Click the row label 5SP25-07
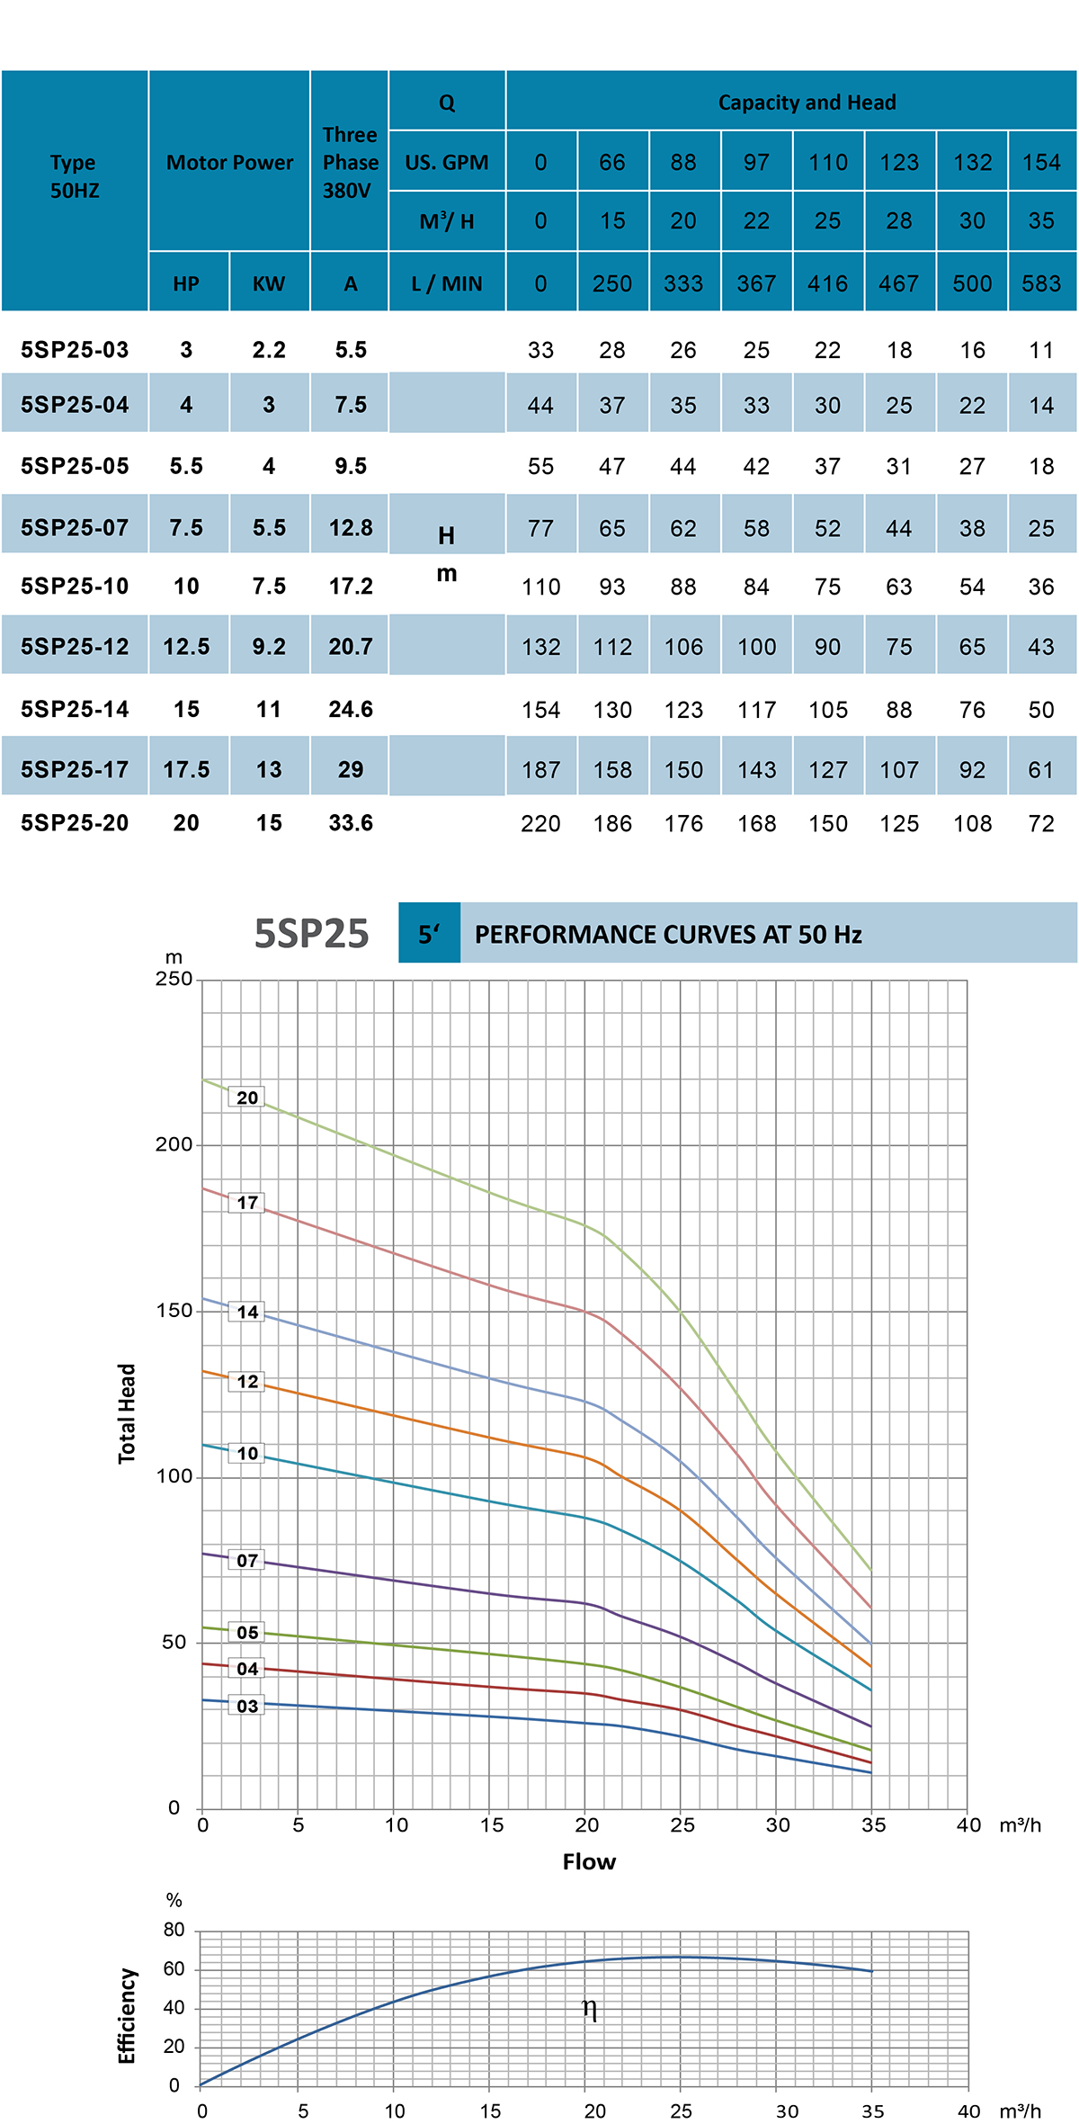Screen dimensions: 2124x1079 coord(75,527)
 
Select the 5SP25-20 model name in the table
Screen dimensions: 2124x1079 coord(75,823)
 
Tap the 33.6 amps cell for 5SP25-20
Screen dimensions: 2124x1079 coord(351,823)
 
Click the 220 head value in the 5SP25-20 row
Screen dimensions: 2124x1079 coord(540,824)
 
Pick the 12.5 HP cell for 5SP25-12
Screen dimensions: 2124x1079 coord(186,647)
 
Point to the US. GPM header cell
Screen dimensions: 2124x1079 coord(447,163)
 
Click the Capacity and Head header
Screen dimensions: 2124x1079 coord(807,103)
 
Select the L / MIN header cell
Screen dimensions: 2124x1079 coord(447,284)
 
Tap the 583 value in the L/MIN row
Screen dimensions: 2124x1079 coord(1041,284)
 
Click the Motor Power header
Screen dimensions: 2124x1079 coord(229,163)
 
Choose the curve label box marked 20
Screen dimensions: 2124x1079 coord(247,1098)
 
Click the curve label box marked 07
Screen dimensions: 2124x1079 coord(247,1560)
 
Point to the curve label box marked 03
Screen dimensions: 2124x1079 coord(247,1706)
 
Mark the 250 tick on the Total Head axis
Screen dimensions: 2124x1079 coord(174,979)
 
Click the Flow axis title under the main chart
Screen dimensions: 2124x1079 coord(589,1861)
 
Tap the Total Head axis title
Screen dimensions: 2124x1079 coord(127,1413)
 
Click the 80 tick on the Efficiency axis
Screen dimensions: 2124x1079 coord(174,1929)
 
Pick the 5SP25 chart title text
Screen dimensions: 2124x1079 coord(311,934)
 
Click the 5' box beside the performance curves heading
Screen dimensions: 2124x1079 coord(429,934)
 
